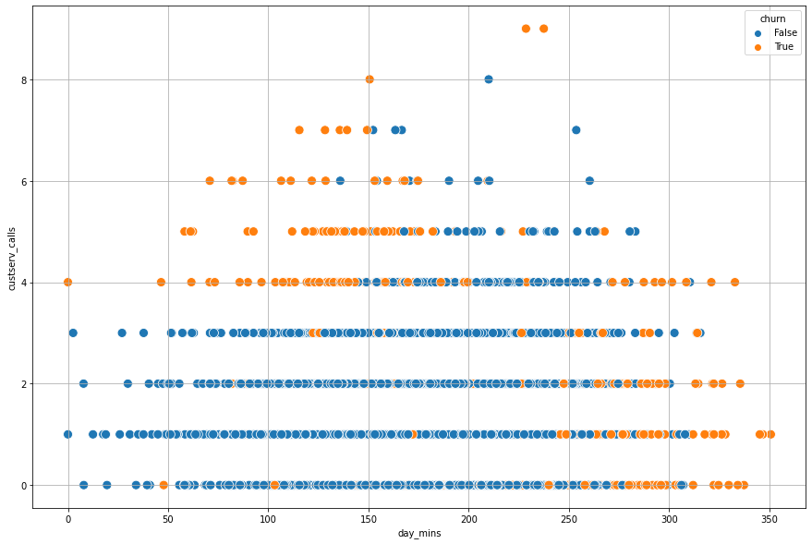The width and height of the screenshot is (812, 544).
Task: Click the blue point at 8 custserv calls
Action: [x=489, y=79]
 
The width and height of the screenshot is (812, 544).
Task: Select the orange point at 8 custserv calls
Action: [x=370, y=79]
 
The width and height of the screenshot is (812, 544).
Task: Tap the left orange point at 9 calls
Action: [x=526, y=29]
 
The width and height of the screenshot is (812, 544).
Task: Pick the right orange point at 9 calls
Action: [x=543, y=29]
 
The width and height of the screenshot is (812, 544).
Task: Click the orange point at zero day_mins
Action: [x=67, y=282]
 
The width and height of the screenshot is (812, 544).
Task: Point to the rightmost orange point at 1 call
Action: [x=770, y=434]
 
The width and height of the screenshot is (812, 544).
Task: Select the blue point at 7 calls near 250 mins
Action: [x=576, y=130]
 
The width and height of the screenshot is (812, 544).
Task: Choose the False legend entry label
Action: [x=785, y=33]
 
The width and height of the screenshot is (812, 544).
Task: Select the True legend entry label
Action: [x=783, y=47]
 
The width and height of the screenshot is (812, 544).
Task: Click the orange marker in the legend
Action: [x=758, y=47]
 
